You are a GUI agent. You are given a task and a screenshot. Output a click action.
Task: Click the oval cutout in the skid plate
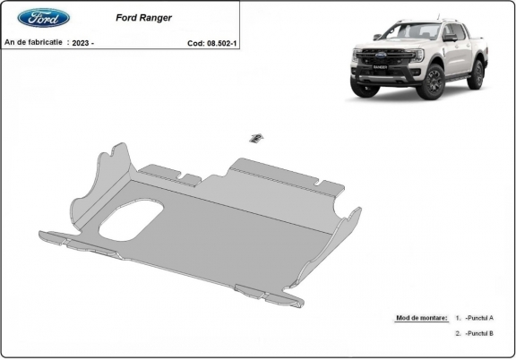131,221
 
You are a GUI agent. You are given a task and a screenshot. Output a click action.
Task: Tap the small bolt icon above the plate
256,137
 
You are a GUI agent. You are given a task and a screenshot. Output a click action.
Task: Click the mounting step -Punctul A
479,318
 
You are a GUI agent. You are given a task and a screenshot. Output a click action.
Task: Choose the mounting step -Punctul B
479,333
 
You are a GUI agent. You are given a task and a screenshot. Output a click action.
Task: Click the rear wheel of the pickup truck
476,74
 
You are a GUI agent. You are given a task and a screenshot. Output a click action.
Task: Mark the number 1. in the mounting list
458,318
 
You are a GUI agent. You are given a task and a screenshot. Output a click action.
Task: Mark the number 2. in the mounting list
458,333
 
